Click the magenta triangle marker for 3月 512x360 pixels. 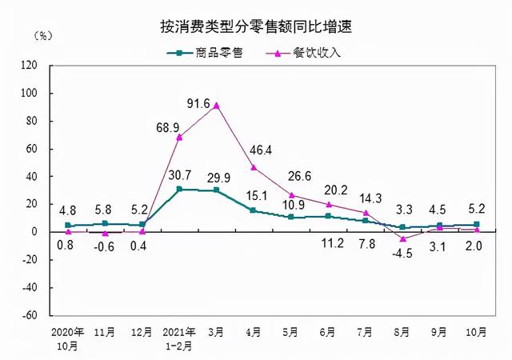[x=217, y=105]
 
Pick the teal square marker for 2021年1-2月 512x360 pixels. [x=179, y=190]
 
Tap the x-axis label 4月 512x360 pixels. [x=254, y=331]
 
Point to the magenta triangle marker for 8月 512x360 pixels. [x=402, y=238]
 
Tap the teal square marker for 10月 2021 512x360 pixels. [x=477, y=225]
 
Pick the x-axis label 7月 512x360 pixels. [x=366, y=331]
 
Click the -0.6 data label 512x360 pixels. [x=106, y=246]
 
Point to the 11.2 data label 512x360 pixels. [x=328, y=244]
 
